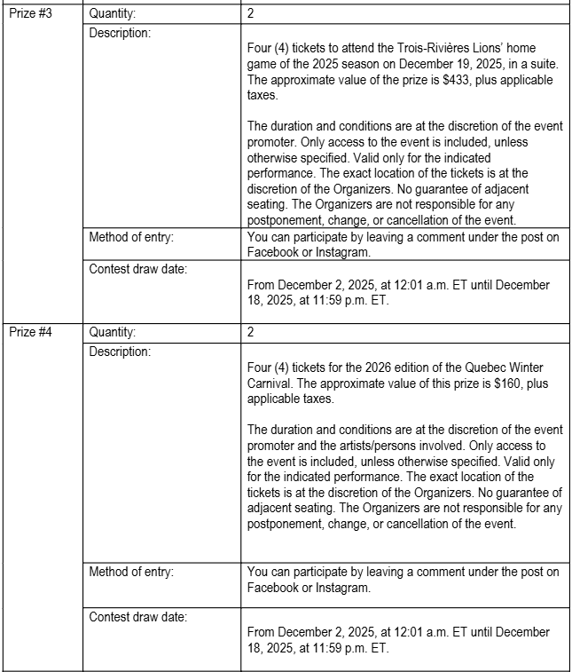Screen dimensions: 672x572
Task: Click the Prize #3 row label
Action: (x=31, y=14)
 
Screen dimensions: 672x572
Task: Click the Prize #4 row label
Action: (x=31, y=332)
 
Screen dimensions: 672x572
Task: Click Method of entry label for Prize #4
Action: (x=131, y=572)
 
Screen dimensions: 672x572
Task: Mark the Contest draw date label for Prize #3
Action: (x=137, y=268)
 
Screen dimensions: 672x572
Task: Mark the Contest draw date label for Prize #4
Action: (x=137, y=615)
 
